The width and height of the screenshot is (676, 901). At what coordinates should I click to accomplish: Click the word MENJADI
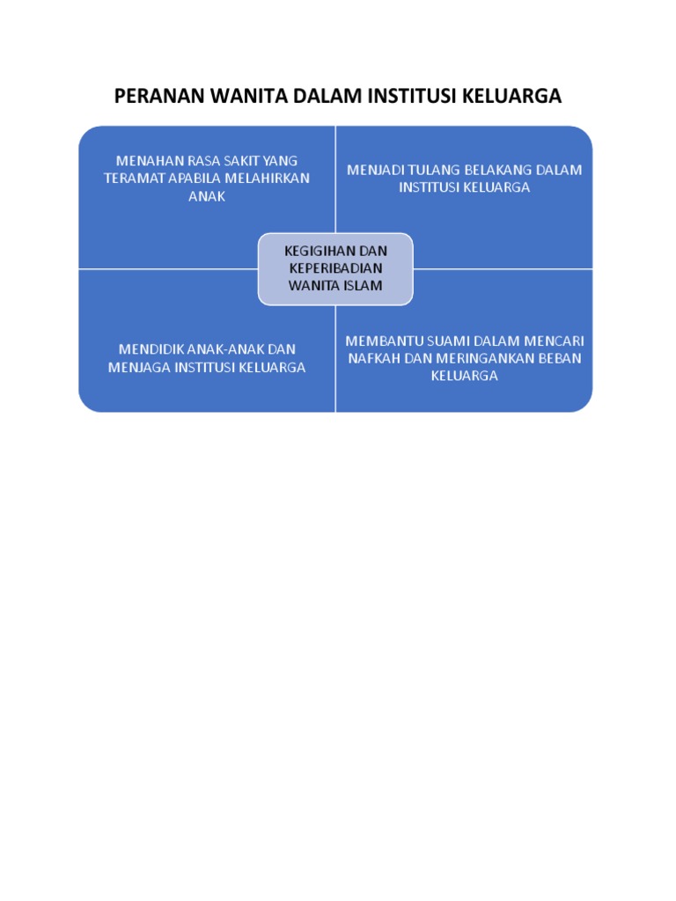[375, 170]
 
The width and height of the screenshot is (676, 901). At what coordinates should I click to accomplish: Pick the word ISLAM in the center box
[362, 286]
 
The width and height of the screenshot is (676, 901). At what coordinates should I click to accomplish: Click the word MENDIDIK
[149, 349]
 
